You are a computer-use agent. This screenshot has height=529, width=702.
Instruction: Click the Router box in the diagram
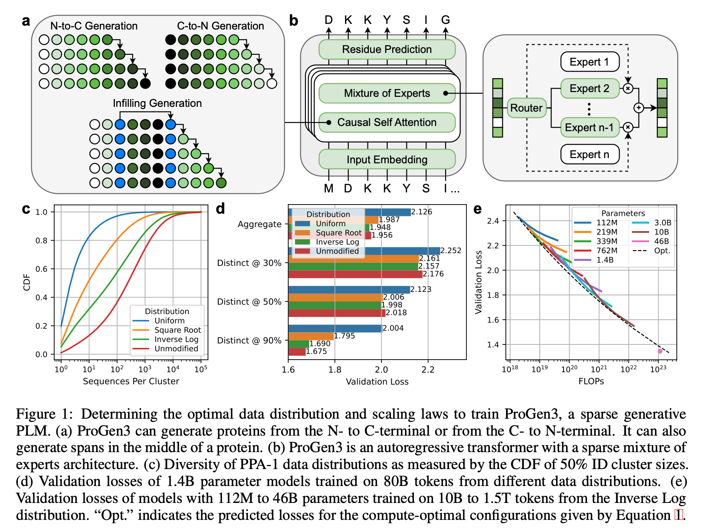tap(526, 108)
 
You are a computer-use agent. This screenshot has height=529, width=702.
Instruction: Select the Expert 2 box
tap(589, 89)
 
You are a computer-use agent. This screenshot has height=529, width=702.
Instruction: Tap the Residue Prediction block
tap(387, 50)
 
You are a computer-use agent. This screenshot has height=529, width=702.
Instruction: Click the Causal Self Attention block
tap(387, 122)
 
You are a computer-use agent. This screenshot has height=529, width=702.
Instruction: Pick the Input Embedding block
tap(387, 160)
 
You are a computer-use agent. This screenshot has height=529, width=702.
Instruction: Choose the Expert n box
tap(589, 155)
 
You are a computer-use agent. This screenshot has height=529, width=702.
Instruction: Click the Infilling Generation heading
tap(157, 103)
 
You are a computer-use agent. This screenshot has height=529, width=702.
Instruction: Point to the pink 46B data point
tap(660, 351)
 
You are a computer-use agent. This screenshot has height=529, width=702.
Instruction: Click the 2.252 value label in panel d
tap(451, 251)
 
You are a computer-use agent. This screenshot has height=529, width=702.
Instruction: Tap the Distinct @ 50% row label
tap(249, 302)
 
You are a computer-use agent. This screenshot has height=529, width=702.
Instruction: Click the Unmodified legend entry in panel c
tap(176, 349)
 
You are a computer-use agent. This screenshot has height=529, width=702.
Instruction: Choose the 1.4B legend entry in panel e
tap(605, 260)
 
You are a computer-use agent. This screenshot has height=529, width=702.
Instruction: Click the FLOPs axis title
tap(591, 381)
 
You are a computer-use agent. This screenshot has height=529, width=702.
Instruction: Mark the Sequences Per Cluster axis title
tap(131, 381)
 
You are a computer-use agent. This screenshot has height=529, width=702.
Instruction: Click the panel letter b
tap(294, 21)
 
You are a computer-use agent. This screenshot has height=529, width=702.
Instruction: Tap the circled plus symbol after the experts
tap(639, 108)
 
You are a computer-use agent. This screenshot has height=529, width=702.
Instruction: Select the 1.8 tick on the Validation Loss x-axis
tap(335, 370)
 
